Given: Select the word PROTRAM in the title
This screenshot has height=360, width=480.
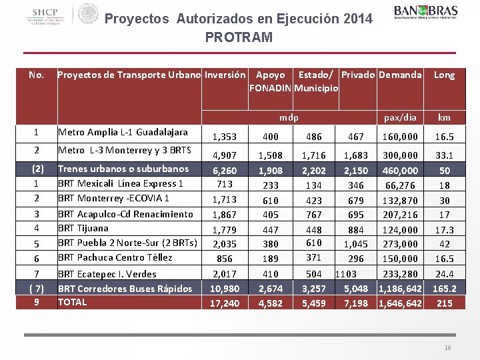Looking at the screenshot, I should click(239, 37).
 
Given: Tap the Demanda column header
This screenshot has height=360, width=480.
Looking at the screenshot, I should click(400, 75).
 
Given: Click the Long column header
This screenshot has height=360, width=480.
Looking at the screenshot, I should click(444, 75).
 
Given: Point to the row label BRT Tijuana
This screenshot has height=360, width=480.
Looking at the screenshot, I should click(83, 228).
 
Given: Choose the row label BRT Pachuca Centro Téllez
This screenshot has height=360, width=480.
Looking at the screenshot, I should click(115, 257).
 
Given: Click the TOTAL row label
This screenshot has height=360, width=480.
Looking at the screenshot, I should click(72, 302).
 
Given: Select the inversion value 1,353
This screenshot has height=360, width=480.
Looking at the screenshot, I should click(224, 137).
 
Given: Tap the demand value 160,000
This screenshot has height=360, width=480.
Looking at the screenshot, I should click(400, 137).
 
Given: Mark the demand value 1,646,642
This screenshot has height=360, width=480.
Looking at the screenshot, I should click(400, 303).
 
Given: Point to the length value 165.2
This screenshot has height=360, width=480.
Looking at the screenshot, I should click(444, 289).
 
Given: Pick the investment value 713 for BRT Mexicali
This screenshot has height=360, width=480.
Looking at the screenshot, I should click(224, 184).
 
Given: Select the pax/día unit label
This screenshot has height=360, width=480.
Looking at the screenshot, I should click(400, 117).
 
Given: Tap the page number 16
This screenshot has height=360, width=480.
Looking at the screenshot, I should click(448, 349).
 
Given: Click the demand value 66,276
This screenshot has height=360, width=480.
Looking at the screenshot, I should click(400, 185).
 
